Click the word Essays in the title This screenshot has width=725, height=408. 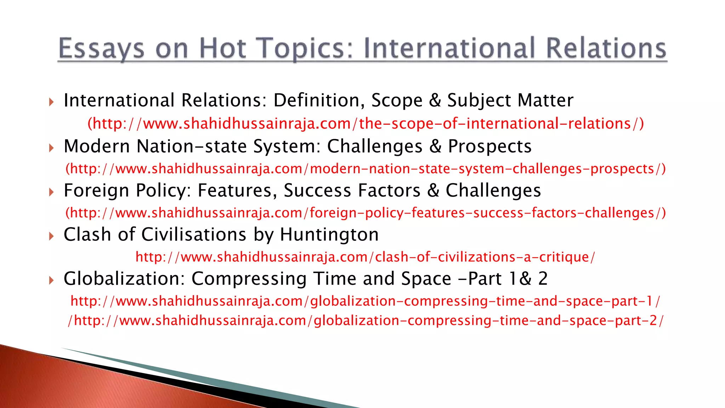tap(101, 49)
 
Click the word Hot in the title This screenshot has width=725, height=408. tap(223, 49)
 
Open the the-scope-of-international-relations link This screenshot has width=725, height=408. tap(366, 124)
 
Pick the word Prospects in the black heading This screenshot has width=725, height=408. tap(490, 146)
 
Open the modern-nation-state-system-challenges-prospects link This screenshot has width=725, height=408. tap(366, 169)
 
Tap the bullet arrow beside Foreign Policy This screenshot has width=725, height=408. tap(52, 192)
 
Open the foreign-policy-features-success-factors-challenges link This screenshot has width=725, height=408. tap(366, 213)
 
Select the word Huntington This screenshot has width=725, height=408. tap(329, 235)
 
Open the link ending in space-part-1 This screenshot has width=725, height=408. tap(366, 301)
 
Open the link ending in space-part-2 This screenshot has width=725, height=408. tap(366, 321)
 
